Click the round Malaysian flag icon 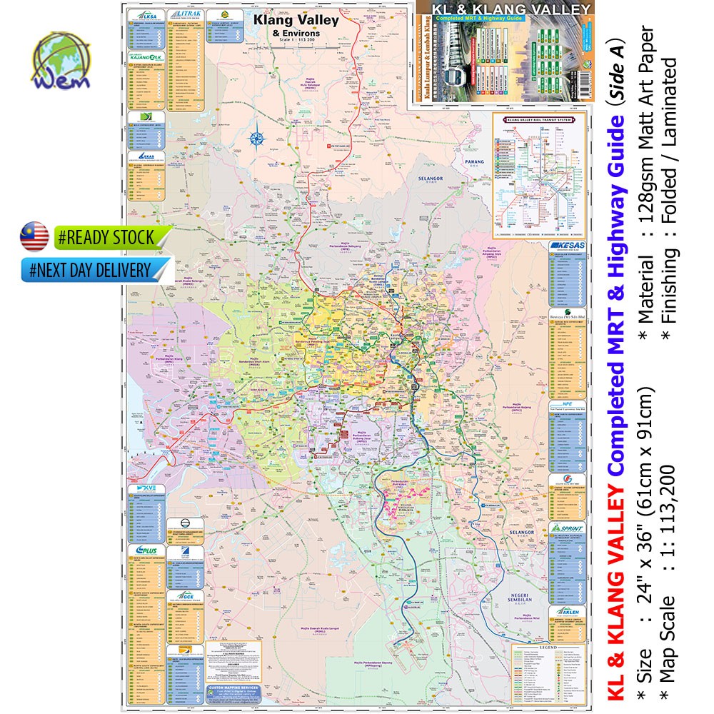click(34, 236)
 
